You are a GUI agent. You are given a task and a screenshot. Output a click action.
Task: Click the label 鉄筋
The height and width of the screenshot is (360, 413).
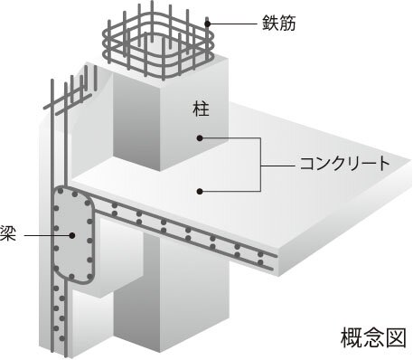click(x=270, y=22)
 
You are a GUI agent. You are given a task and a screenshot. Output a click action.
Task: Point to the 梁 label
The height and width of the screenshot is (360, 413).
click(x=7, y=235)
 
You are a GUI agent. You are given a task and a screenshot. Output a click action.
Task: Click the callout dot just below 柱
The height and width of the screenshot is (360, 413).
click(x=201, y=138)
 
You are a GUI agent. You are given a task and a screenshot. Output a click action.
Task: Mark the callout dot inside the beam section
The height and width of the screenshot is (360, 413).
click(x=70, y=236)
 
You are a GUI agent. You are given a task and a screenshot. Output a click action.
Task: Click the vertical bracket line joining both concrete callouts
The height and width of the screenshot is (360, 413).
click(x=261, y=165)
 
